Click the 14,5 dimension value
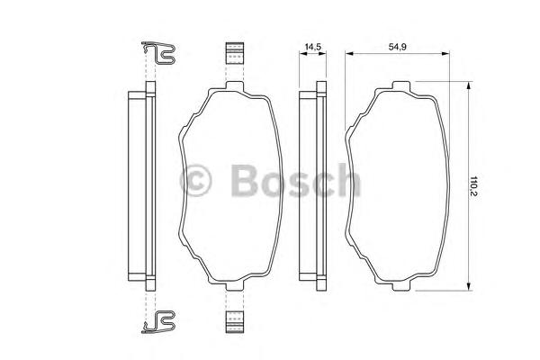(312, 47)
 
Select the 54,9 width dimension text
(398, 47)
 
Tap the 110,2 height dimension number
(474, 186)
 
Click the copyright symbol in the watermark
(195, 181)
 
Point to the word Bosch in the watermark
(296, 180)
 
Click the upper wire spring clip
(158, 53)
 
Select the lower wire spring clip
(158, 322)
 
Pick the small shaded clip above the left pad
(235, 53)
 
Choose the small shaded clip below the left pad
(235, 322)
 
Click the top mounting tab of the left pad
(235, 85)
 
